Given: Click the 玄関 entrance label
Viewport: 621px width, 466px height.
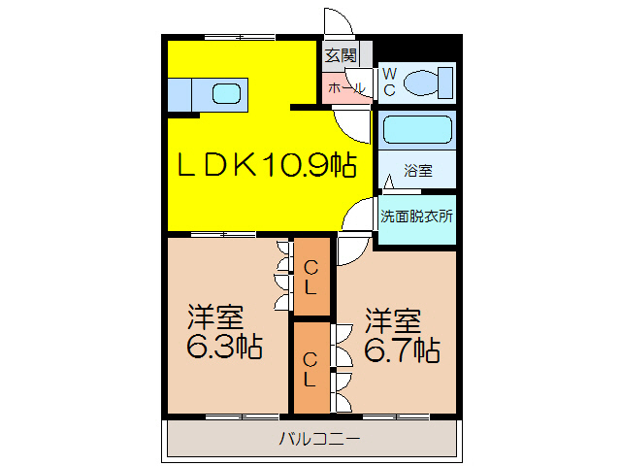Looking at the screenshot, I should pyautogui.click(x=341, y=54).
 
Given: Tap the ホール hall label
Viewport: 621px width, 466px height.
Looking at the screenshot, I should pyautogui.click(x=346, y=88).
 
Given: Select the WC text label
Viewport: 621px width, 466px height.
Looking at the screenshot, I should pyautogui.click(x=388, y=82).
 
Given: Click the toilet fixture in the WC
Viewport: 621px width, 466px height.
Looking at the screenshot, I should pyautogui.click(x=428, y=82).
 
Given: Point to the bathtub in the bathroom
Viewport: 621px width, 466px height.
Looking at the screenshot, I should pyautogui.click(x=414, y=130).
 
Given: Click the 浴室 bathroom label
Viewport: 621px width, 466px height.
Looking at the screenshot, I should pyautogui.click(x=418, y=172).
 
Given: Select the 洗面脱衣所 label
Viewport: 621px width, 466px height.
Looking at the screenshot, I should pyautogui.click(x=416, y=216).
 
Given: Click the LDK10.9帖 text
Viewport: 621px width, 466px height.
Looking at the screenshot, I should pyautogui.click(x=263, y=165).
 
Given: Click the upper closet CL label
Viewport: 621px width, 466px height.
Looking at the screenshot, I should pyautogui.click(x=310, y=277).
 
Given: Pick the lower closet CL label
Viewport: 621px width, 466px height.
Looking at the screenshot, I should pyautogui.click(x=310, y=368).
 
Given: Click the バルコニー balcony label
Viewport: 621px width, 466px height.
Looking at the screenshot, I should pyautogui.click(x=320, y=440).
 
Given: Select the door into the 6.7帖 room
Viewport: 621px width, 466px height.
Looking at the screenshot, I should pyautogui.click(x=351, y=250).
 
